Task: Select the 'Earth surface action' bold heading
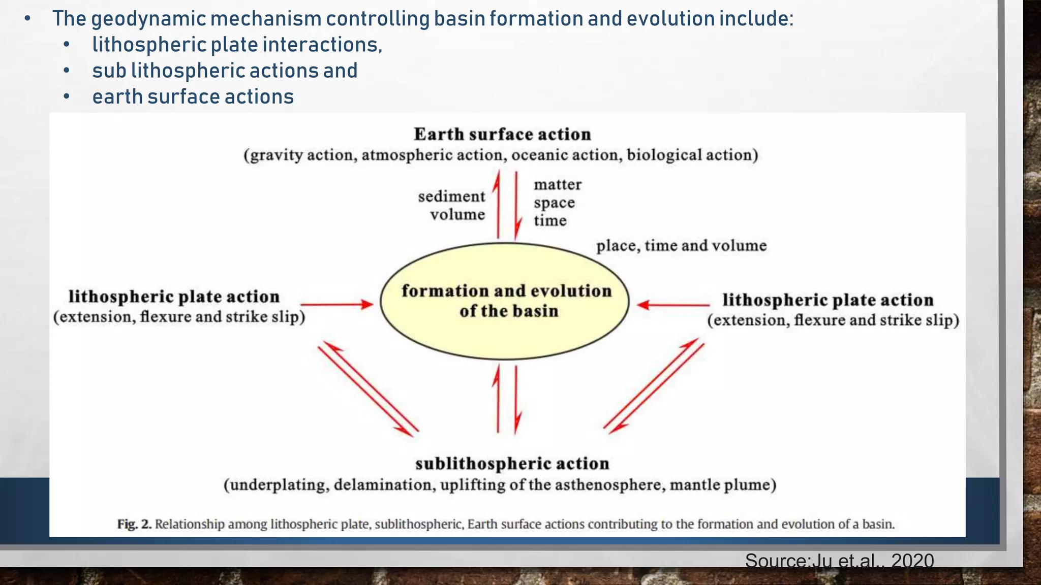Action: tap(502, 134)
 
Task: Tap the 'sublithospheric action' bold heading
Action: tap(512, 464)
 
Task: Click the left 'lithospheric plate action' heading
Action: tap(174, 297)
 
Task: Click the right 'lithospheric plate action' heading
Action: tap(828, 300)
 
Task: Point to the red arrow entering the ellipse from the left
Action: tap(336, 304)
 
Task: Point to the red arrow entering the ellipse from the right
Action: tap(672, 305)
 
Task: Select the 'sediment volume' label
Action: tap(451, 205)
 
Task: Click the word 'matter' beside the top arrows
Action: tap(558, 184)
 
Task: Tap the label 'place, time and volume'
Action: tap(681, 246)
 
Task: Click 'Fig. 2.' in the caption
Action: tap(134, 524)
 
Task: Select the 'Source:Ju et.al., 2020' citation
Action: tap(839, 561)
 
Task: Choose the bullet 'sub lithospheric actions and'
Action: tap(225, 71)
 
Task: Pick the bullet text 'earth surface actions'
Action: tap(193, 96)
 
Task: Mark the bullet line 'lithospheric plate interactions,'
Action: tap(237, 45)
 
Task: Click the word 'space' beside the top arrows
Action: tap(554, 203)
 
